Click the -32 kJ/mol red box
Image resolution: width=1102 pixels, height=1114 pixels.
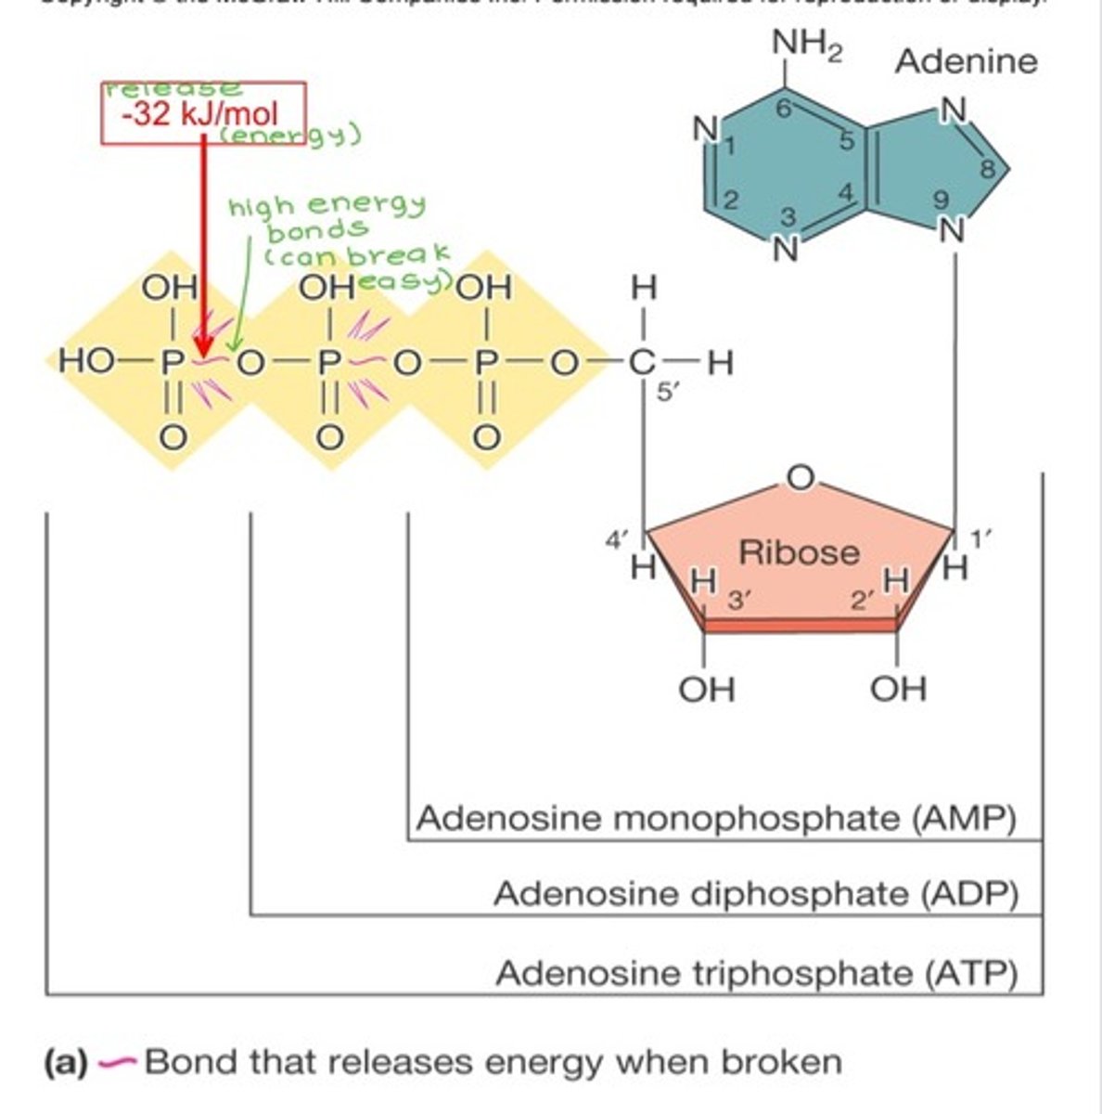point(202,113)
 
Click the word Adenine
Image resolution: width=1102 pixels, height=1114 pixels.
point(966,61)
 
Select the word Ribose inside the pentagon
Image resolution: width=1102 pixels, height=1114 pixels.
point(799,552)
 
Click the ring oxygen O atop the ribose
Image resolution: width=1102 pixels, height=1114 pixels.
point(801,477)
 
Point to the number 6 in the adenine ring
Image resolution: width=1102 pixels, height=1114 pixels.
point(783,110)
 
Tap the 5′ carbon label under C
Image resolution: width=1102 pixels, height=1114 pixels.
point(669,392)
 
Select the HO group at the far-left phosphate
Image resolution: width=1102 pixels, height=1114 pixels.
point(83,362)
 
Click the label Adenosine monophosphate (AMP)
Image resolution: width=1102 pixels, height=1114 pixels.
point(716,819)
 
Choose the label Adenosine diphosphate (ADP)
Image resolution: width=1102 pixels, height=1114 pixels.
point(755,894)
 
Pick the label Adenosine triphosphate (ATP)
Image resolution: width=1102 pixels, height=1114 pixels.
point(756,974)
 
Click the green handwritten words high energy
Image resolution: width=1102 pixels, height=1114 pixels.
point(327,205)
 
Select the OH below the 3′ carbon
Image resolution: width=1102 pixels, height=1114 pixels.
point(707,689)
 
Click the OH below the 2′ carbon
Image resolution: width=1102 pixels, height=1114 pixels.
point(898,689)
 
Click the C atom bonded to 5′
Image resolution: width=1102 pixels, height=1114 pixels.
point(642,363)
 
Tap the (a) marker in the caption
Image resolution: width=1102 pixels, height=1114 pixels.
point(65,1062)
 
